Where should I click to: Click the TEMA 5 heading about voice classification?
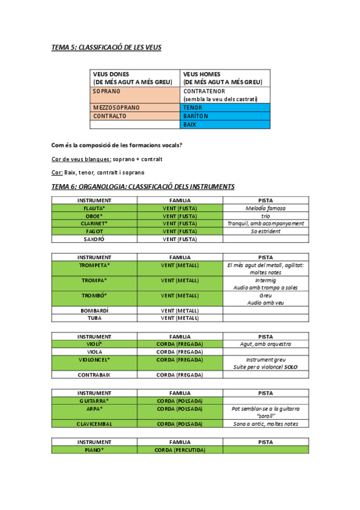(106, 47)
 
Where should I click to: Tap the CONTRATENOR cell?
(225, 94)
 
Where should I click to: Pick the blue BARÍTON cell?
(225, 116)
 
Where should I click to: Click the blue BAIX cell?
(225, 124)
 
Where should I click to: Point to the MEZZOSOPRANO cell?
(135, 107)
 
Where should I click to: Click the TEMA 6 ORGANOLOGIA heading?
(143, 186)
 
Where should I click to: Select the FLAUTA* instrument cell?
(94, 208)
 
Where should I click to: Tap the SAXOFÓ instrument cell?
(94, 239)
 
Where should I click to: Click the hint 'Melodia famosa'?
(266, 208)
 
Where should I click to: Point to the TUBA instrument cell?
(94, 318)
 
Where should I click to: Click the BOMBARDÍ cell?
(94, 310)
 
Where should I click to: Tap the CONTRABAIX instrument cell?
(94, 375)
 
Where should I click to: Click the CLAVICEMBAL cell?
(94, 423)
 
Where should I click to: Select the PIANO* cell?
(94, 449)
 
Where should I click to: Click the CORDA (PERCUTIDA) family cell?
(180, 449)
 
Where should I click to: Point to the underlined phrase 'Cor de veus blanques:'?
(82, 159)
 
